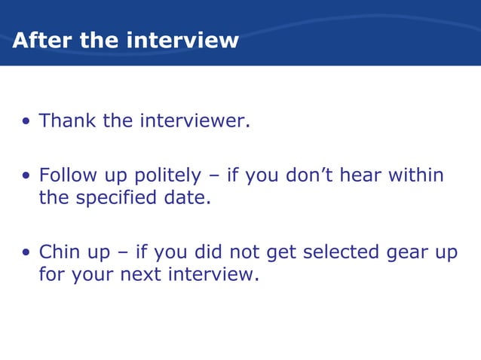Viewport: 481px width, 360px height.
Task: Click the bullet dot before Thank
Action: coord(26,122)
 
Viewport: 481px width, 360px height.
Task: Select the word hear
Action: coord(361,175)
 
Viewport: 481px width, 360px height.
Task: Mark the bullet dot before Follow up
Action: coord(26,177)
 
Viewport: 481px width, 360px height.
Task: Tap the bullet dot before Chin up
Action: coord(26,253)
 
